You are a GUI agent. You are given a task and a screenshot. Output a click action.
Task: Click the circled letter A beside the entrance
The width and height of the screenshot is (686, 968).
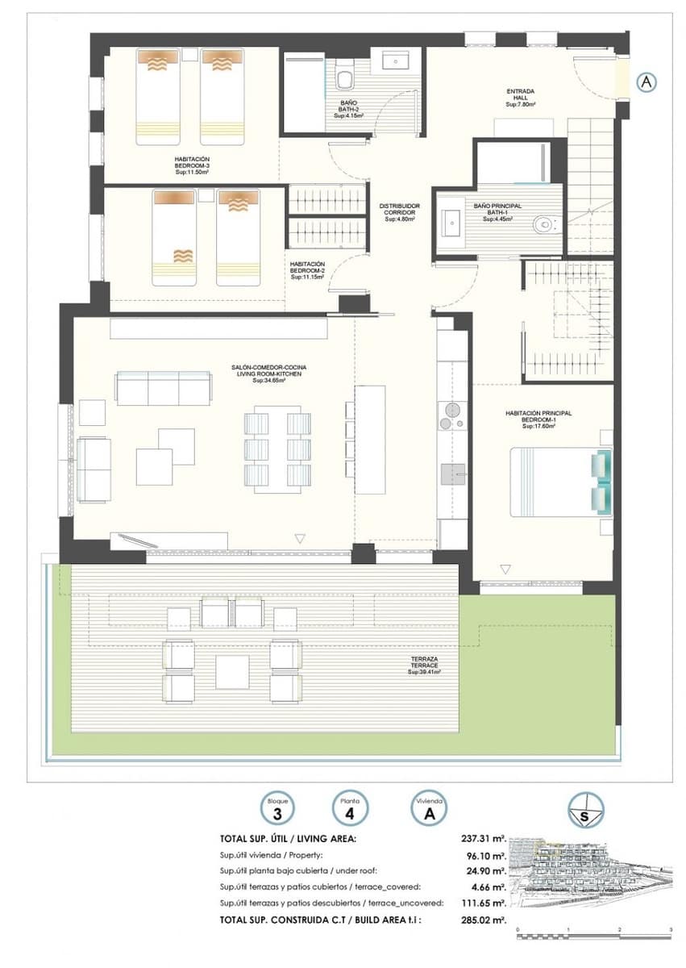pos(646,81)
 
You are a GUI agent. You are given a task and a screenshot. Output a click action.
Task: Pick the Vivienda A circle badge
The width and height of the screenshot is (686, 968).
pos(429,808)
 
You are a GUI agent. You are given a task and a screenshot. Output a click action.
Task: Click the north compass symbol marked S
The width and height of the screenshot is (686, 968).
pos(586,809)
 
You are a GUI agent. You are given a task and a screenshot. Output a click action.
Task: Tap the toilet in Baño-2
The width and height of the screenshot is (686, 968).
pos(345,78)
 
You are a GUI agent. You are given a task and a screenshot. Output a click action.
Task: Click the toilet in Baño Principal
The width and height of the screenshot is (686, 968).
pos(545,223)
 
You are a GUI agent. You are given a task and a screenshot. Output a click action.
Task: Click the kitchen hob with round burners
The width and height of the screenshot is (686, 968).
pos(451,415)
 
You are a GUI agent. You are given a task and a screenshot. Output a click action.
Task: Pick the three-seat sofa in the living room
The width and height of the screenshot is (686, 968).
pos(164,388)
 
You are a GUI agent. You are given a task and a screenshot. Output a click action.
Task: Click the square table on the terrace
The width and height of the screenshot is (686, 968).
pos(232,671)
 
